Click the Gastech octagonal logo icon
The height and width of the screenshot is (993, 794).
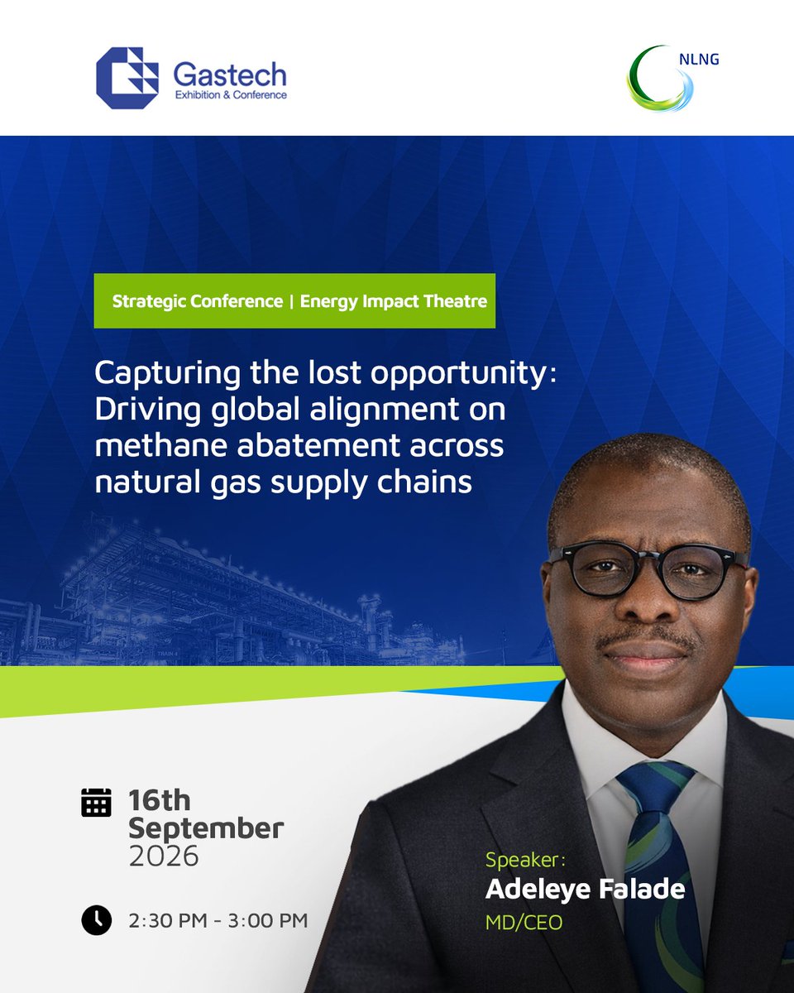point(127,78)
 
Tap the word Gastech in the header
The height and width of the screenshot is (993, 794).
point(230,74)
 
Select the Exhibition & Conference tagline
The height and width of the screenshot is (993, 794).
point(231,95)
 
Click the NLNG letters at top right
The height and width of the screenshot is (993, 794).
point(699,60)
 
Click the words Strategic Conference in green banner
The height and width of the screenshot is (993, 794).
point(198,301)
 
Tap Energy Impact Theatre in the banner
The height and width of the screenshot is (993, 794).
point(394,301)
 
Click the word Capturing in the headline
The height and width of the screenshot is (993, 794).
point(167,374)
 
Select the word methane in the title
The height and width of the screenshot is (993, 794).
point(162,446)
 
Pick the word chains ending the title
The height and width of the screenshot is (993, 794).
point(424,482)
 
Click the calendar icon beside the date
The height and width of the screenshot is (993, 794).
point(96,803)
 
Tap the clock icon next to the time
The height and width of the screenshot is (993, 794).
point(97,920)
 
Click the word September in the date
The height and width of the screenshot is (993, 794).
point(206,830)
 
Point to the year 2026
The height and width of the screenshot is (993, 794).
point(164,856)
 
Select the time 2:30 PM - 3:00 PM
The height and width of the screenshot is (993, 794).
point(218,920)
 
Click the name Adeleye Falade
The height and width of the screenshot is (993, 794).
point(586,890)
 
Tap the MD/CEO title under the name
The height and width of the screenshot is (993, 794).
point(524,923)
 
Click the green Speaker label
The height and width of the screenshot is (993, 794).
point(525,860)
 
